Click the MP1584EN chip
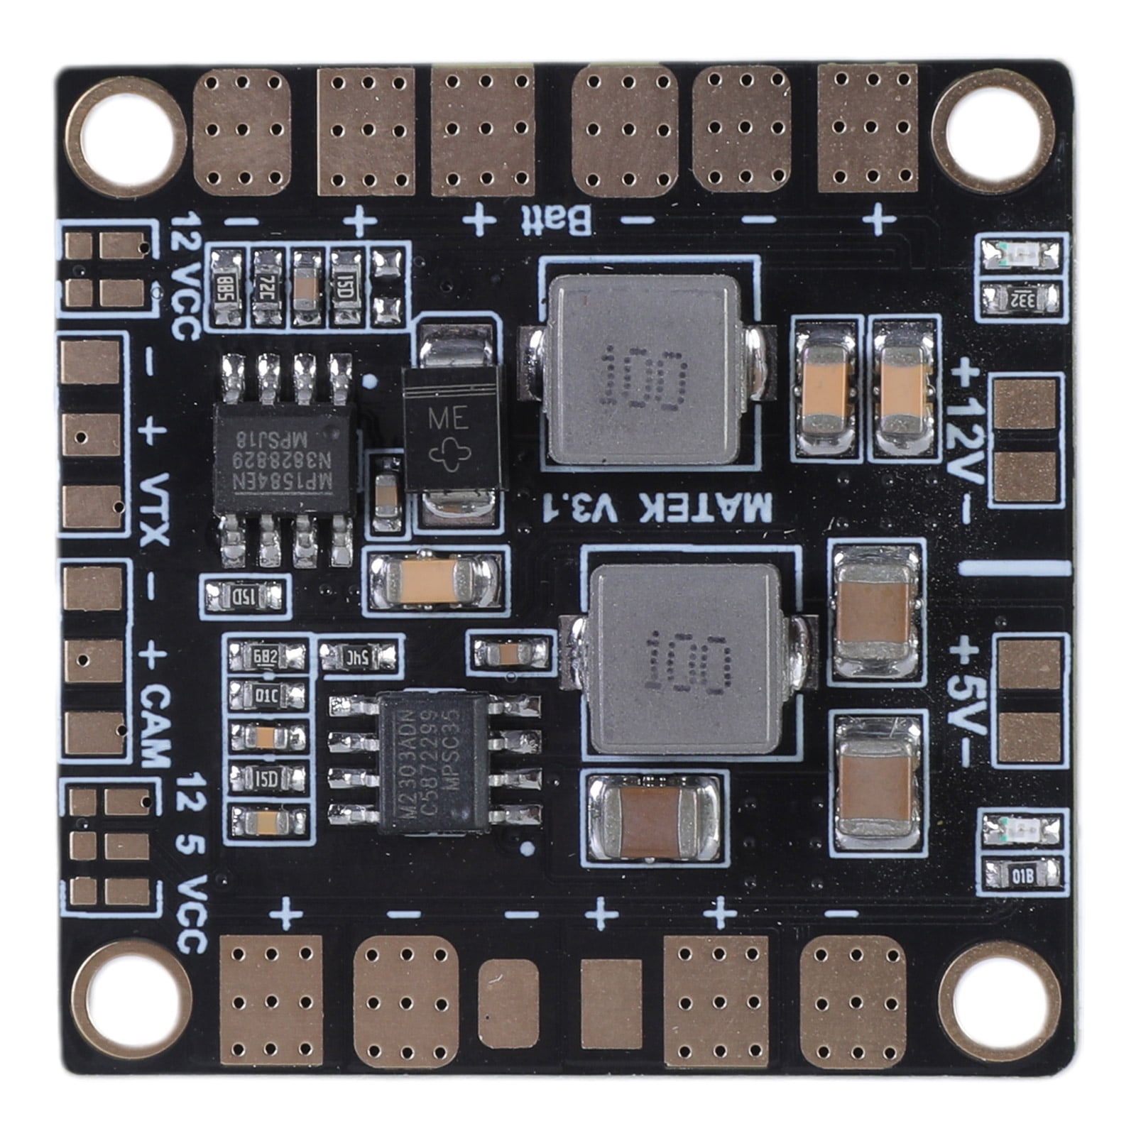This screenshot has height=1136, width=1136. pyautogui.click(x=284, y=459)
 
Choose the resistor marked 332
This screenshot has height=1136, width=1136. pyautogui.click(x=1023, y=298)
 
